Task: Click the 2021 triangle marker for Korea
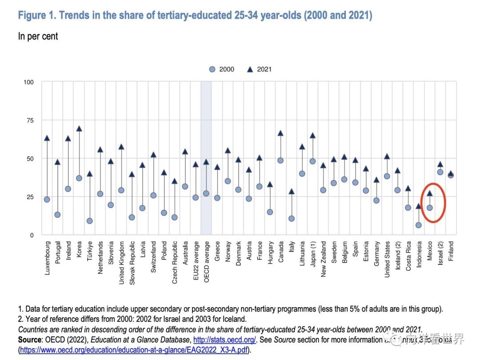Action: [x=79, y=128]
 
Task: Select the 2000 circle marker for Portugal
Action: [x=57, y=215]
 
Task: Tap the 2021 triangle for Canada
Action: [x=280, y=133]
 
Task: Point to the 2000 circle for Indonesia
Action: [x=419, y=225]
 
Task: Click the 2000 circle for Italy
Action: [x=291, y=219]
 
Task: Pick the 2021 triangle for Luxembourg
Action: [x=47, y=138]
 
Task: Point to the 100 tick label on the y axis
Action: [x=28, y=82]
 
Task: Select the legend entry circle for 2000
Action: [x=212, y=69]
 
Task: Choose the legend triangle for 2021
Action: [x=249, y=69]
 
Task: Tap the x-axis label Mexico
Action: [x=430, y=253]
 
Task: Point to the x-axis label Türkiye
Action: [x=89, y=253]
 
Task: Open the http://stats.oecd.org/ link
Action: [x=224, y=340]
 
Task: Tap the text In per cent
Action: [x=38, y=36]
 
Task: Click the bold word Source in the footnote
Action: [x=30, y=340]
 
